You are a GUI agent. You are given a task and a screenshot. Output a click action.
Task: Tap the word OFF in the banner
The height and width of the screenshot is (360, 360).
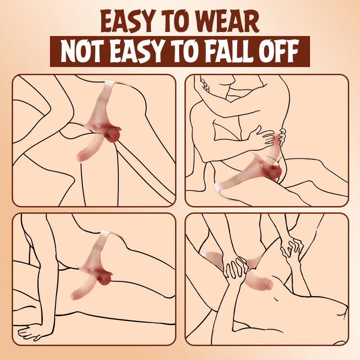point(279,51)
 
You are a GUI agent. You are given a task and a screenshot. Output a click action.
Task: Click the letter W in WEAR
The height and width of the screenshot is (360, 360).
point(208,22)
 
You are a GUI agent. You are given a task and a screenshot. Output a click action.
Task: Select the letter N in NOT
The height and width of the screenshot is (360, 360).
point(68,51)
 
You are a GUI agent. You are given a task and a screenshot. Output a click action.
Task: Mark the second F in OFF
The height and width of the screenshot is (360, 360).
point(293,51)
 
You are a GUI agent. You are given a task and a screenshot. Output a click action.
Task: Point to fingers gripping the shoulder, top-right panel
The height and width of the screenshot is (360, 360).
point(205,85)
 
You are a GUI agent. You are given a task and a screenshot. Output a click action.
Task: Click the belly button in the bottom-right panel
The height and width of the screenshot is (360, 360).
point(276,299)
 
